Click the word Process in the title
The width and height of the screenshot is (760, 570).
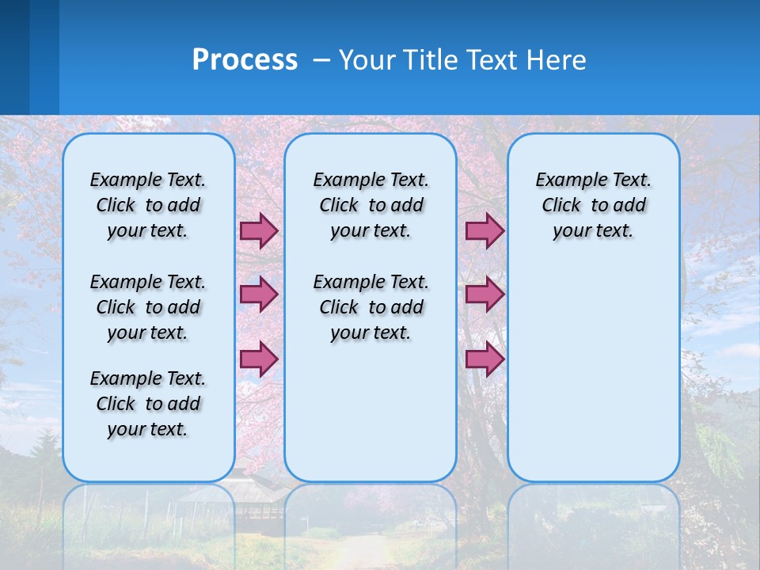click(x=245, y=60)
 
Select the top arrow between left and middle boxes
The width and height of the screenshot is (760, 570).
click(x=259, y=230)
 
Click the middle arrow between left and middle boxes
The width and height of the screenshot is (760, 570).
click(x=259, y=294)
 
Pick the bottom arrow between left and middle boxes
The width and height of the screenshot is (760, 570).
click(x=259, y=359)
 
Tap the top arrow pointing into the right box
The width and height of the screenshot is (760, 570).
click(x=484, y=230)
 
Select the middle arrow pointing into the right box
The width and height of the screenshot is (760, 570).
click(x=484, y=294)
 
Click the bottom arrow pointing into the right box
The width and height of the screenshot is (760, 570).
click(x=484, y=359)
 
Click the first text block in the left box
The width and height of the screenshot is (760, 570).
click(x=148, y=205)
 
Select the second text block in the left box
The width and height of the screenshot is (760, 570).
click(x=148, y=307)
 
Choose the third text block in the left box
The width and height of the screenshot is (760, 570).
click(x=148, y=404)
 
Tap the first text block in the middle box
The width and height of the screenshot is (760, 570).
click(x=370, y=205)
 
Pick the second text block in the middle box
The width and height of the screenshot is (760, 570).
click(x=370, y=307)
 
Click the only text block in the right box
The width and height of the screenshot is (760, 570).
click(x=593, y=205)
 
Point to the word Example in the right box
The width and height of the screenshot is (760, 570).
click(x=568, y=180)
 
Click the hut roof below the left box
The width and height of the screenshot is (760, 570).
click(x=230, y=492)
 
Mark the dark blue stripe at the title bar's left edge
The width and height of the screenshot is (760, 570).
click(x=14, y=57)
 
